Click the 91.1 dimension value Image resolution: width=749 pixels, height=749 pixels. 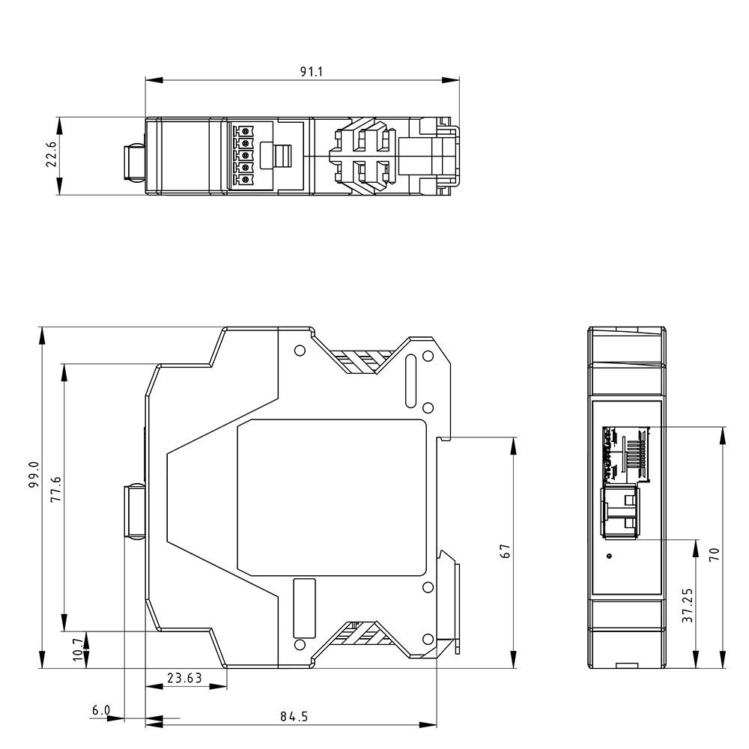click(312, 72)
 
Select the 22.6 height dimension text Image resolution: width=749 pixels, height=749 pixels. click(51, 154)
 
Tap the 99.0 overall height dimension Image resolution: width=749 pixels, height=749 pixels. click(34, 474)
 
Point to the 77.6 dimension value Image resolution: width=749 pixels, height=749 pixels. click(56, 488)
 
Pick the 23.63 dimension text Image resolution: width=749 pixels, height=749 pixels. click(184, 678)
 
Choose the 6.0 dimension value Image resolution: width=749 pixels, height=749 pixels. click(101, 711)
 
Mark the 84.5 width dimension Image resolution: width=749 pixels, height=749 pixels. click(294, 717)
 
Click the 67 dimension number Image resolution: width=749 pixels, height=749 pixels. click(505, 551)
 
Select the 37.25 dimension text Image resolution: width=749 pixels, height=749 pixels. click(688, 604)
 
